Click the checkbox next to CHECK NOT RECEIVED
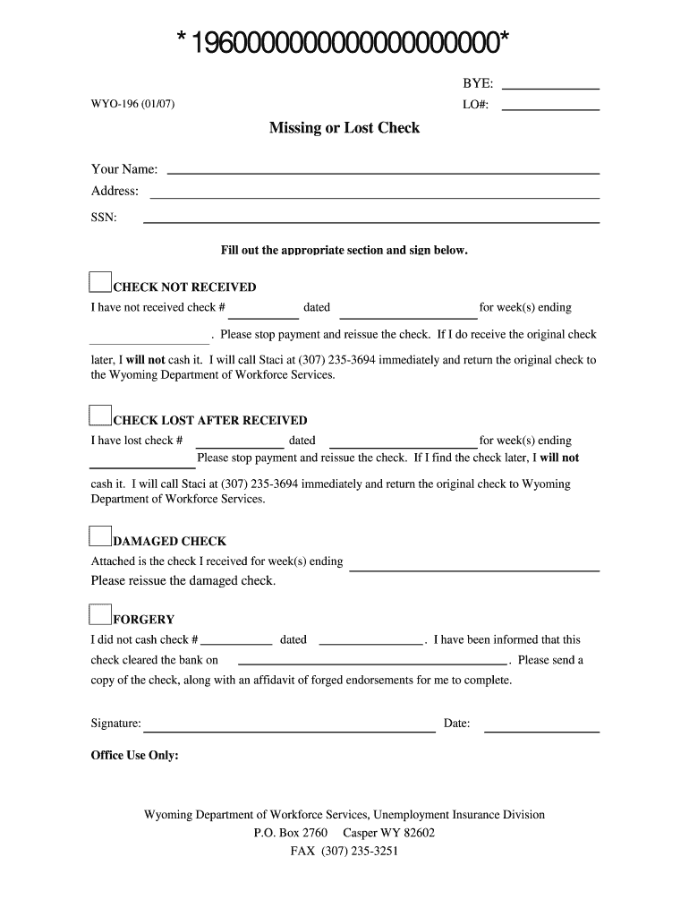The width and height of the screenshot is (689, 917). click(100, 283)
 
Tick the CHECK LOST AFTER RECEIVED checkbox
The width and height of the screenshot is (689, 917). click(100, 415)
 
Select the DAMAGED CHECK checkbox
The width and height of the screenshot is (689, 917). click(100, 536)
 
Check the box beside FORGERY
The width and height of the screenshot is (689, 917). click(100, 613)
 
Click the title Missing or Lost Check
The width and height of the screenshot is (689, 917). click(344, 128)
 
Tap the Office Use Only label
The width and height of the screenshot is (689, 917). click(135, 755)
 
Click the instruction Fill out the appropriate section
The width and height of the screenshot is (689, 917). click(344, 251)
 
